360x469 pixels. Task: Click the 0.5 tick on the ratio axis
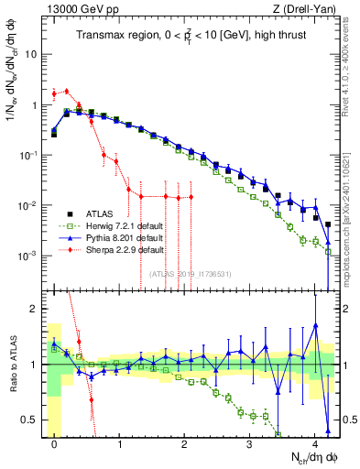point(32,420)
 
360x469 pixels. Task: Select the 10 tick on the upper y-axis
point(33,54)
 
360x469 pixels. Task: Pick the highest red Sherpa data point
point(67,90)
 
